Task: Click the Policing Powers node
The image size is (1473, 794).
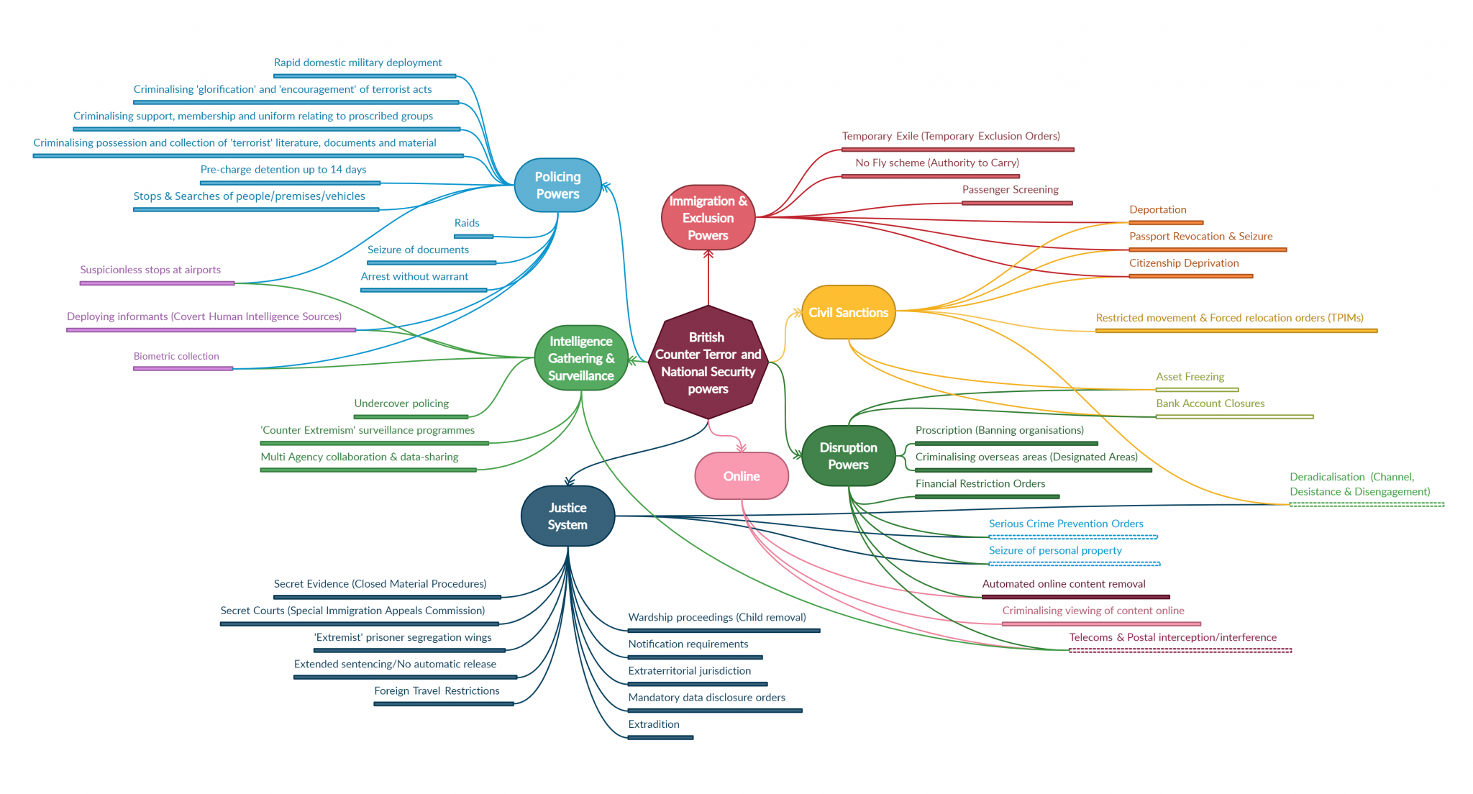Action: (x=557, y=186)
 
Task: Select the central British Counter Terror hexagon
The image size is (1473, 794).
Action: (x=708, y=362)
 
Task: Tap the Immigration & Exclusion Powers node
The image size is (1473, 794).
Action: (x=708, y=218)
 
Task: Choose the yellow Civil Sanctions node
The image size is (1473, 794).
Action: (x=849, y=312)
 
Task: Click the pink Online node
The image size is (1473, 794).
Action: (x=742, y=476)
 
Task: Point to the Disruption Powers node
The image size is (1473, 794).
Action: (x=849, y=456)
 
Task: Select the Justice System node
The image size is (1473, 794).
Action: (x=567, y=516)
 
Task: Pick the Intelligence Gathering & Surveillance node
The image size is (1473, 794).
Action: (x=581, y=358)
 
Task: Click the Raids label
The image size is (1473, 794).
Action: (x=467, y=223)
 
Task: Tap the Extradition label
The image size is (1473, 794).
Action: (x=654, y=724)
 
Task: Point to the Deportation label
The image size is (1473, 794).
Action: (x=1158, y=210)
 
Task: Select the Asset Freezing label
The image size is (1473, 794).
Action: (x=1190, y=377)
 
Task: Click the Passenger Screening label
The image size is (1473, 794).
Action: (x=1011, y=190)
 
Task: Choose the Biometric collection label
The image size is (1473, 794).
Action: (x=176, y=357)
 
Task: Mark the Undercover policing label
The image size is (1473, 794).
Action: (x=401, y=404)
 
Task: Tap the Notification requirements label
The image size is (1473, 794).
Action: (x=688, y=644)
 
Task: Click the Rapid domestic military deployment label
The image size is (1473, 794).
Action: (x=358, y=63)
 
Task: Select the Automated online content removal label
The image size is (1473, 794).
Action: (x=1064, y=584)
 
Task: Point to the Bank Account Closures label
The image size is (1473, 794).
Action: (x=1210, y=403)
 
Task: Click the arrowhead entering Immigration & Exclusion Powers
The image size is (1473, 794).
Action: (x=708, y=254)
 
